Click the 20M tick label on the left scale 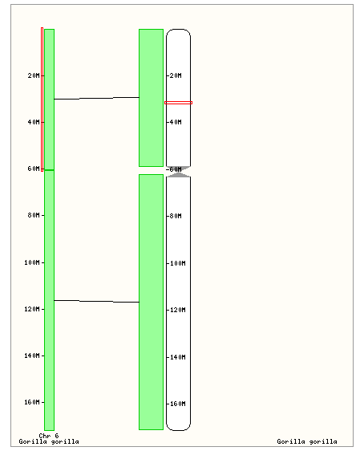pyautogui.click(x=34, y=75)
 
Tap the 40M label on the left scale pyautogui.click(x=34, y=122)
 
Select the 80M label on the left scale pyautogui.click(x=34, y=215)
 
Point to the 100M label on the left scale pyautogui.click(x=32, y=262)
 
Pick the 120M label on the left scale pyautogui.click(x=32, y=309)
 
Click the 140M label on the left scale pyautogui.click(x=32, y=355)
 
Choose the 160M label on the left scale pyautogui.click(x=32, y=402)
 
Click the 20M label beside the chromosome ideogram pyautogui.click(x=176, y=75)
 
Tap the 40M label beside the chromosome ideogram pyautogui.click(x=176, y=122)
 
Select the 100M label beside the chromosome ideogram pyautogui.click(x=178, y=263)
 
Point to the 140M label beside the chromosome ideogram pyautogui.click(x=178, y=357)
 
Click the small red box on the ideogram pyautogui.click(x=178, y=102)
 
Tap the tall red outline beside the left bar pyautogui.click(x=41, y=100)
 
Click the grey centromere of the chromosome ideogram pyautogui.click(x=179, y=172)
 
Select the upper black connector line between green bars pyautogui.click(x=97, y=98)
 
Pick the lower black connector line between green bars pyautogui.click(x=97, y=301)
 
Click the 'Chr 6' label pyautogui.click(x=49, y=436)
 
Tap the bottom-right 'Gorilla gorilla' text pyautogui.click(x=307, y=441)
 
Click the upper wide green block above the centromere pyautogui.click(x=151, y=98)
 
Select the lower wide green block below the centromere pyautogui.click(x=151, y=302)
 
